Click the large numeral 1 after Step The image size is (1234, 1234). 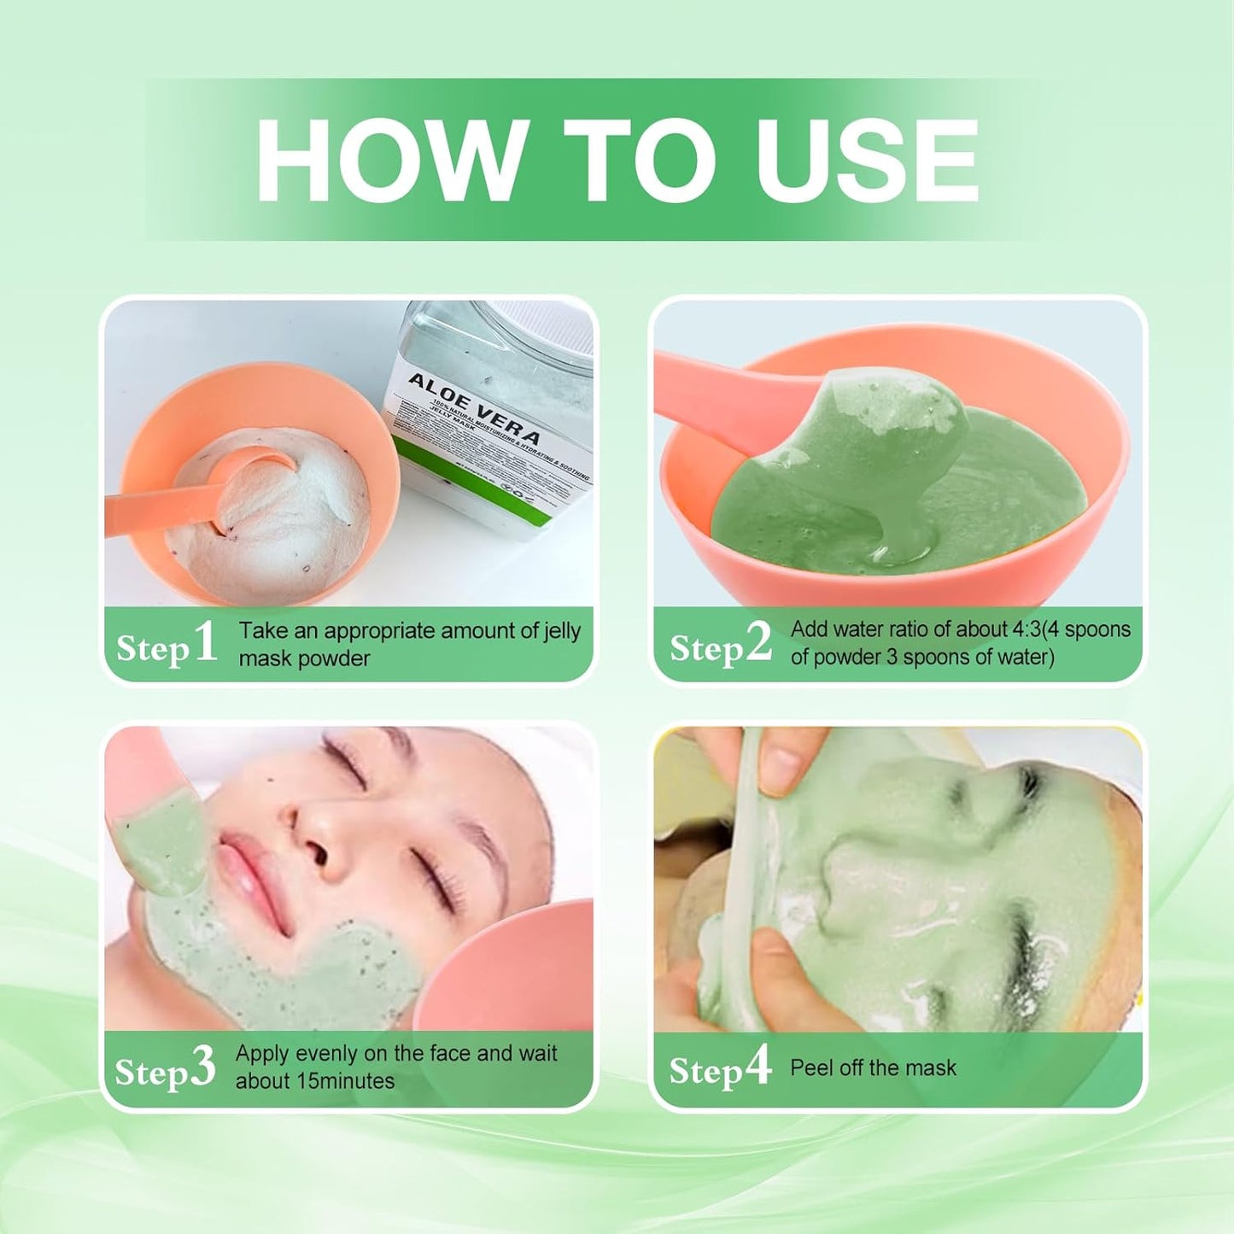205,642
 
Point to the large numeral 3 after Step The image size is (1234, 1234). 202,1067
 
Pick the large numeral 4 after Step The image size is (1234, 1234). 757,1065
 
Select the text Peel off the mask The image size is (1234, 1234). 873,1067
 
